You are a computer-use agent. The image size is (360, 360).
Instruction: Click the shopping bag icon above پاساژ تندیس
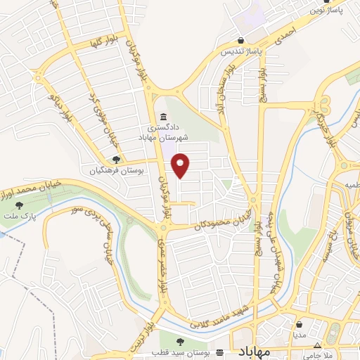(241, 41)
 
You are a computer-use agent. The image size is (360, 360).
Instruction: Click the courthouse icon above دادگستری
(163, 117)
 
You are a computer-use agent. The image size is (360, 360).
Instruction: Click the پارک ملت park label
(22, 214)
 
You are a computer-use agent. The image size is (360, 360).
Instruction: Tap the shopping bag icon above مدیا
(300, 326)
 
